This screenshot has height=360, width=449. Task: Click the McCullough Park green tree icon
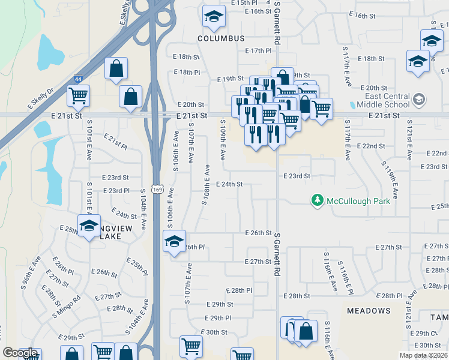click(317, 200)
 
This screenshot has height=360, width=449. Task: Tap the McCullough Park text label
click(358, 201)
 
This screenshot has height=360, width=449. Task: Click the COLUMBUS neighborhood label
click(221, 38)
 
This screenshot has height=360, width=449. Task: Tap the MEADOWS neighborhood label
click(369, 311)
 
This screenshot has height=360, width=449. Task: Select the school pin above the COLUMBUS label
click(213, 18)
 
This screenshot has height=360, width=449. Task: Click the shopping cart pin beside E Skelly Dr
click(78, 95)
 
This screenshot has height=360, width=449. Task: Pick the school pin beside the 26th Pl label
click(174, 242)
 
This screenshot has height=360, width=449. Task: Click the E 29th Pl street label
click(217, 318)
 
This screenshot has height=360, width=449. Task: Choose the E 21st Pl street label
click(115, 142)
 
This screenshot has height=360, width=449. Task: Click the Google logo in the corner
click(20, 353)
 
